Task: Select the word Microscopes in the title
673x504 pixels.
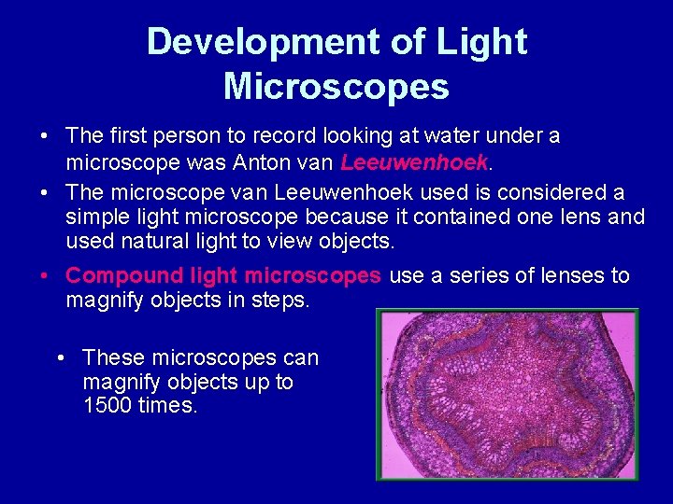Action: pyautogui.click(x=336, y=87)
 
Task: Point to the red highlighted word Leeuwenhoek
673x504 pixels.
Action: pyautogui.click(x=415, y=163)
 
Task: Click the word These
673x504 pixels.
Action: pyautogui.click(x=113, y=358)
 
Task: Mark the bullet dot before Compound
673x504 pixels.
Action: pyautogui.click(x=45, y=276)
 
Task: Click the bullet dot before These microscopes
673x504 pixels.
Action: pyautogui.click(x=61, y=358)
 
